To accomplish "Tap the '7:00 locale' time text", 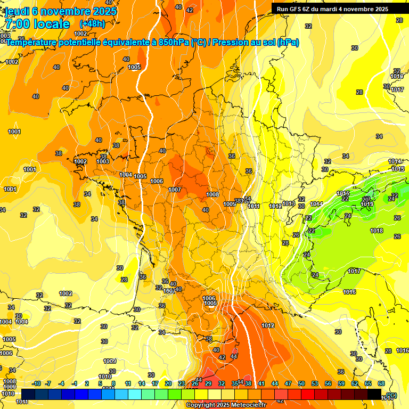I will tap(37, 24).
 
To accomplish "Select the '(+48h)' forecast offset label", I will tap(92, 24).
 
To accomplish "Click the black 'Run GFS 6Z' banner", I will tap(332, 9).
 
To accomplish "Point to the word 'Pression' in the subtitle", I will tap(236, 42).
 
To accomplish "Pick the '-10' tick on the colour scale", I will tap(36, 383).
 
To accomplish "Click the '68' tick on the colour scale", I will tap(381, 383).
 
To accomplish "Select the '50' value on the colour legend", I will tap(301, 383).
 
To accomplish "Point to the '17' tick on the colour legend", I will tap(155, 383).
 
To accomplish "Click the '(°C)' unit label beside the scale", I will tap(391, 395).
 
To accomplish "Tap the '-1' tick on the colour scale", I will tap(75, 383).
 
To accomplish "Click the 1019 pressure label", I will tap(367, 204).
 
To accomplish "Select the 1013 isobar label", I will tap(289, 204).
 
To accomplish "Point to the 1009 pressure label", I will tap(110, 361).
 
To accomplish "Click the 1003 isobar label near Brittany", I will tap(103, 161).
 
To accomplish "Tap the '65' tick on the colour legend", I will tap(368, 383).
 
